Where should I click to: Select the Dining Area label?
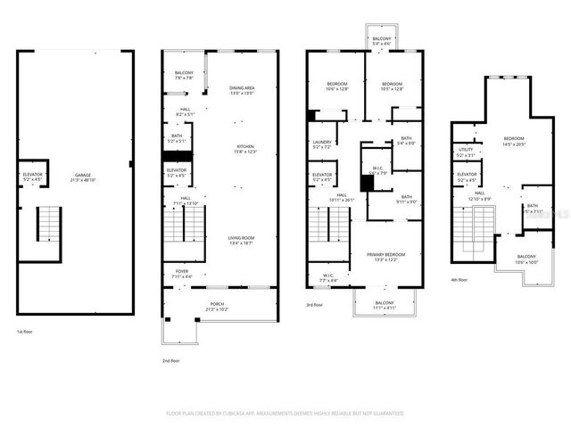pos(242,90)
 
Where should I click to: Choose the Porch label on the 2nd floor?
pos(218,307)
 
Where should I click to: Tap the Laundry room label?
pos(322,144)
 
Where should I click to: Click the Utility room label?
pos(466,152)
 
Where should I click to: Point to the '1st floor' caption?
pos(26,333)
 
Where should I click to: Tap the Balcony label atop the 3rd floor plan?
pos(381,41)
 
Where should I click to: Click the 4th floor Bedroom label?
pos(514,141)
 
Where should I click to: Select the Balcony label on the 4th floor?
pos(527,259)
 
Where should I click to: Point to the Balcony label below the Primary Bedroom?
pos(384,306)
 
